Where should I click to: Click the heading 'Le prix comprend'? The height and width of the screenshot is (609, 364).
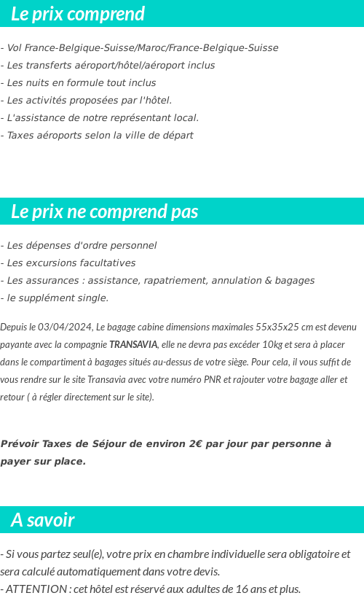(x=78, y=14)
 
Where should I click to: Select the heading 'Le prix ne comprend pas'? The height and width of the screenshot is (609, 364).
(x=105, y=212)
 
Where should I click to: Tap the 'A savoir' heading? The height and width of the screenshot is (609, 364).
(x=43, y=520)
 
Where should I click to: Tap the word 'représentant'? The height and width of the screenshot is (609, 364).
(x=138, y=118)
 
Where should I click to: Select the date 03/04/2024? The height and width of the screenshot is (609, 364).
(x=69, y=327)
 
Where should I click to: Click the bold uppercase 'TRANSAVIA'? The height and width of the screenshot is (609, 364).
(x=133, y=344)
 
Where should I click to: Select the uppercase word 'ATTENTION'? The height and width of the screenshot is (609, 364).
(x=36, y=589)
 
